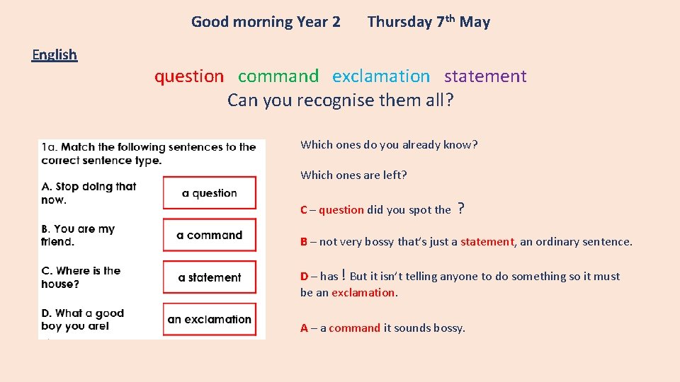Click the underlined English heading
tap(55, 54)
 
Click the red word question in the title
tap(189, 76)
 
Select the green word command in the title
tap(278, 76)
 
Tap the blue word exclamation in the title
tap(381, 76)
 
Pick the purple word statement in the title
tap(485, 76)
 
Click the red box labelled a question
tap(210, 193)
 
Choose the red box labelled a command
tap(210, 235)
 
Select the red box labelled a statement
tap(210, 277)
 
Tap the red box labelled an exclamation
tap(210, 319)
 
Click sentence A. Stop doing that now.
tap(89, 193)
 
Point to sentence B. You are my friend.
tap(78, 235)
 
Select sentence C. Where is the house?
tap(81, 277)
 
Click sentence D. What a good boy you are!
tap(83, 319)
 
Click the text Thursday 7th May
tap(429, 22)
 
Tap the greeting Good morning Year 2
tap(266, 22)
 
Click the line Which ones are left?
tap(353, 175)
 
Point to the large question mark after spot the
tap(461, 208)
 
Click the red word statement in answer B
tap(487, 242)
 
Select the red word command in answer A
tap(354, 328)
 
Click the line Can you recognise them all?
tap(340, 100)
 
